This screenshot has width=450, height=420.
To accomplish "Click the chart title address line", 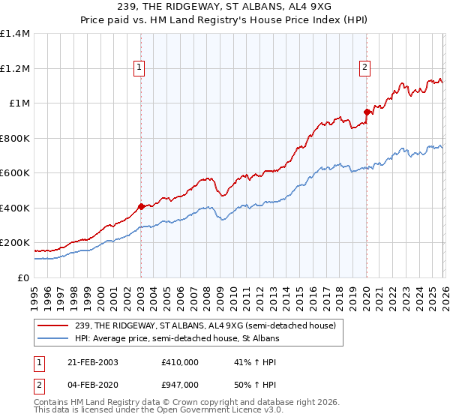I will [x=224, y=6].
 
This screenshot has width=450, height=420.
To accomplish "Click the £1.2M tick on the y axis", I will [x=15, y=68].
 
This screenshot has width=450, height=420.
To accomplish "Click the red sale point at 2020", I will [x=367, y=112].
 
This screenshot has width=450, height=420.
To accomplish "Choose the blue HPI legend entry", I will [x=177, y=339].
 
